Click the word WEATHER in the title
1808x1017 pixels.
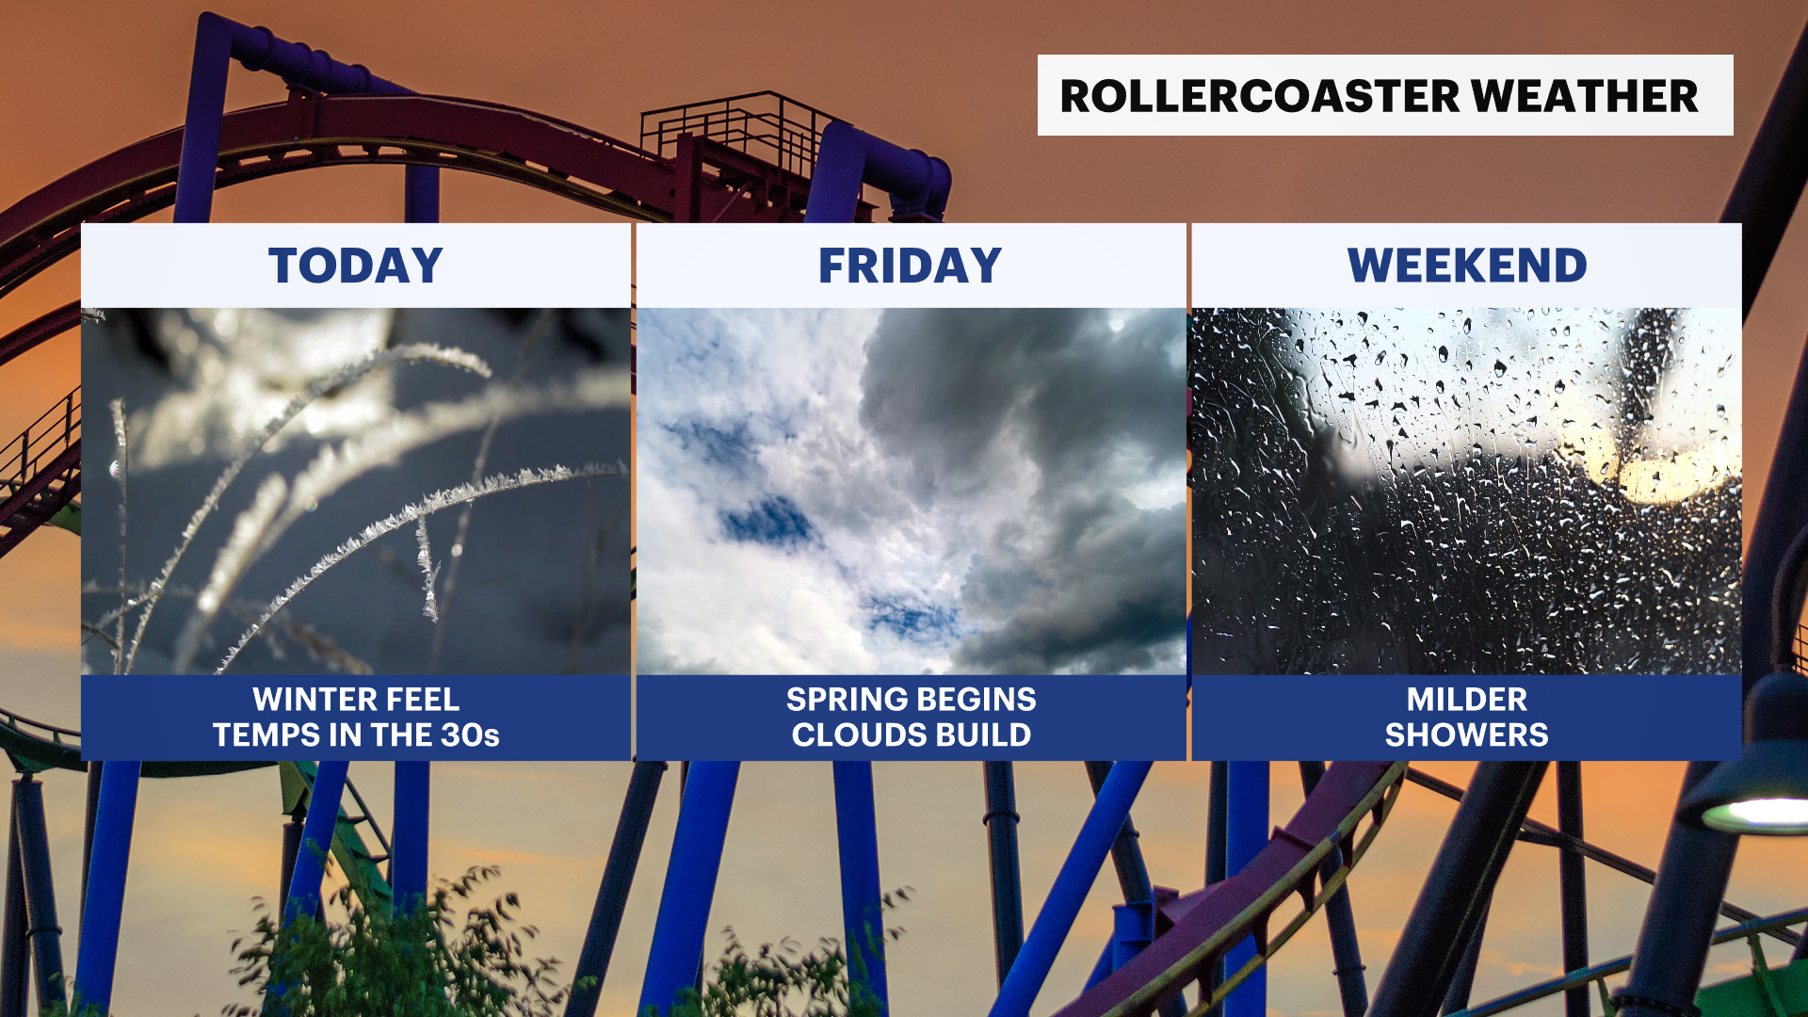(1585, 96)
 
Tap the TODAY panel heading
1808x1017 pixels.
(356, 266)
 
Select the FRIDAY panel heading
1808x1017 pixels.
(911, 266)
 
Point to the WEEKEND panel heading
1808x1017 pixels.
(1467, 266)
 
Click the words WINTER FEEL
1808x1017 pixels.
(356, 700)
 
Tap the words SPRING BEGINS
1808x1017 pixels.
(912, 700)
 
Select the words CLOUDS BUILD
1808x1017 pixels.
(912, 735)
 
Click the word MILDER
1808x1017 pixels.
(1467, 700)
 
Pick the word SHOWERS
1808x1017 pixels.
(1467, 735)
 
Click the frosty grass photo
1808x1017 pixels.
(356, 491)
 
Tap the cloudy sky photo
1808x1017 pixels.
(912, 491)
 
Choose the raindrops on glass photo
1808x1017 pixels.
(1467, 491)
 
